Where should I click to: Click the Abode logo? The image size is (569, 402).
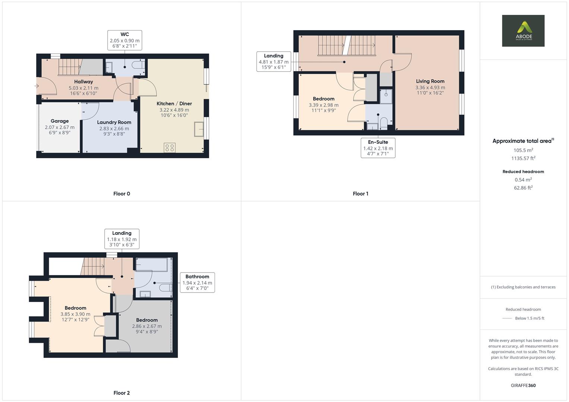(x=523, y=31)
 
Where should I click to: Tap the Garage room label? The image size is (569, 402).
(x=60, y=121)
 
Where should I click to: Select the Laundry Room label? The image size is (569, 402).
(x=114, y=122)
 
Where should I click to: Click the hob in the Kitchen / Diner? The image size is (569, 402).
(x=170, y=147)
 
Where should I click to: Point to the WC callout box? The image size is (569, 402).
(x=124, y=40)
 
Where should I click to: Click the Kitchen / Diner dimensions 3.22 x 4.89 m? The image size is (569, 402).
(x=174, y=110)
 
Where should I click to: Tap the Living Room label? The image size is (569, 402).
(x=430, y=81)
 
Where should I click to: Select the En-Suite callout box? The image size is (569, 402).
(x=378, y=148)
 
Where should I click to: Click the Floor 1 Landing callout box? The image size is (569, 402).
(x=274, y=61)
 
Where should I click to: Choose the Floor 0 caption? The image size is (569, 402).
(x=121, y=194)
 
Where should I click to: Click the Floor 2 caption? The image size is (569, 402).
(x=121, y=393)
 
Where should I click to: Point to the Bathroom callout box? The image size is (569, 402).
(x=197, y=283)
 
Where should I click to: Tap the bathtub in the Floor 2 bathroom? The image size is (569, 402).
(x=151, y=265)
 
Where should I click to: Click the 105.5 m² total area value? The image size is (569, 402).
(x=523, y=150)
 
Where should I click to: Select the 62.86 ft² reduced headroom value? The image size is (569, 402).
(x=523, y=188)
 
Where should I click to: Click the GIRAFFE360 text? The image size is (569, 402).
(x=523, y=386)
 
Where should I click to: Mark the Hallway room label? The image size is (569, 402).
(x=83, y=82)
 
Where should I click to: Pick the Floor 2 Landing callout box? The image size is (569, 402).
(x=121, y=239)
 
